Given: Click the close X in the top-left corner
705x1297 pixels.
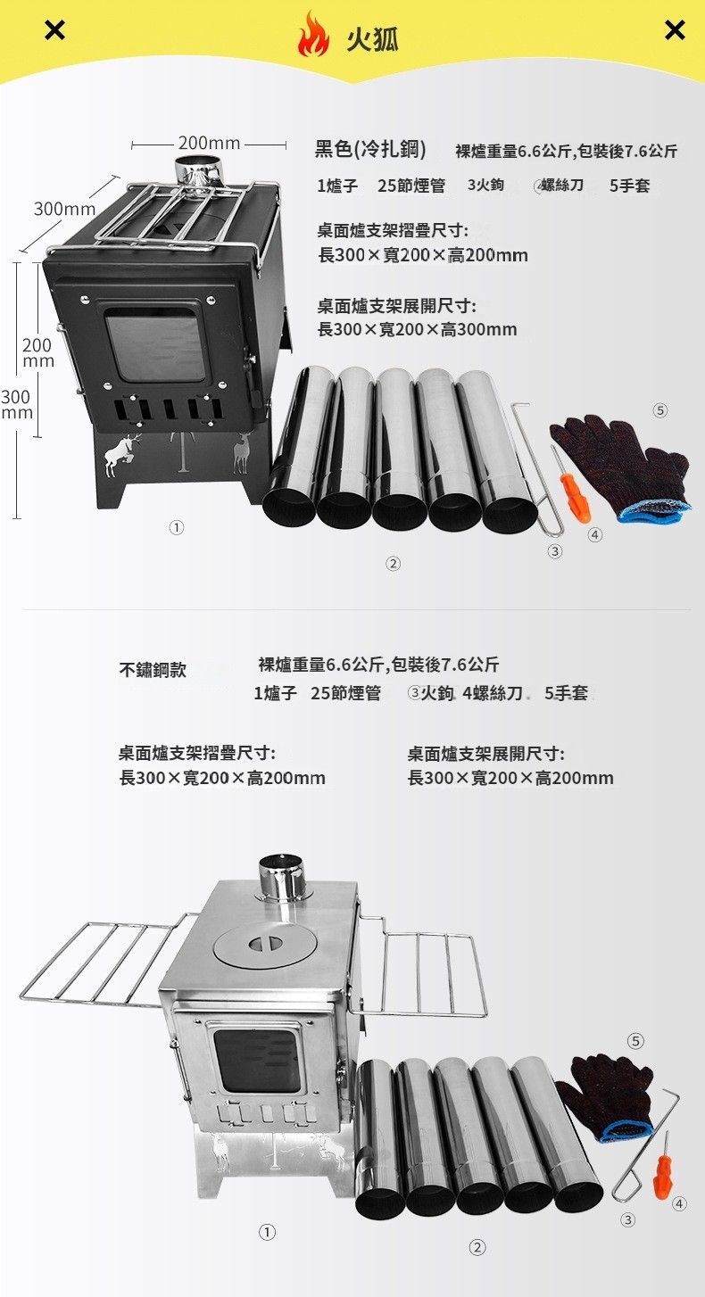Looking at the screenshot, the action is pyautogui.click(x=55, y=29).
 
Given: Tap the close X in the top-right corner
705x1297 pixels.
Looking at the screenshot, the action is pyautogui.click(x=675, y=29).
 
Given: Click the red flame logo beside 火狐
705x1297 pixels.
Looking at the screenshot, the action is pyautogui.click(x=313, y=34).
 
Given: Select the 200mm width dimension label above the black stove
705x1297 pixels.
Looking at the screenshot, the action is pyautogui.click(x=209, y=143).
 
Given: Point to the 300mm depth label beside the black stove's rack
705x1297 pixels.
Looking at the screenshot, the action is pyautogui.click(x=64, y=209).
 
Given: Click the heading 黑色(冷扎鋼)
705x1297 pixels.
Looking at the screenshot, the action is pyautogui.click(x=370, y=149).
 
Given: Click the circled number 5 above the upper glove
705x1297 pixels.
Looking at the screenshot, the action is pyautogui.click(x=659, y=410).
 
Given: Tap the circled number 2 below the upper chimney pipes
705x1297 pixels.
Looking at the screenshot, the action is pyautogui.click(x=393, y=564).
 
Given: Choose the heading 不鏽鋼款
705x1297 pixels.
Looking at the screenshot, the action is pyautogui.click(x=153, y=670).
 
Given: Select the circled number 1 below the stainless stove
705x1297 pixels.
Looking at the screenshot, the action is pyautogui.click(x=267, y=1233).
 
